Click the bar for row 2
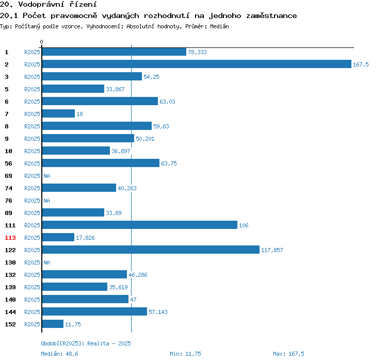tap(197, 64)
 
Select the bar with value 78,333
tap(114, 52)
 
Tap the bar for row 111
tap(140, 225)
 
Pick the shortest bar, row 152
tap(53, 324)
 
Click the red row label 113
tap(10, 238)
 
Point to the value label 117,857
tap(272, 250)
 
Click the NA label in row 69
tap(46, 176)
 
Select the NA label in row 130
tap(46, 262)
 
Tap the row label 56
tap(8, 163)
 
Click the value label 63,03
tap(167, 102)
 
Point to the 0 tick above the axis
tap(41, 42)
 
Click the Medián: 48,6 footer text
tap(59, 354)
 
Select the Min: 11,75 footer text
tap(185, 354)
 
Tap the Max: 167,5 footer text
tap(288, 354)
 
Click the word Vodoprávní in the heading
tap(41, 4)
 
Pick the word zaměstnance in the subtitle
tap(271, 16)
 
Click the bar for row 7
tap(58, 113)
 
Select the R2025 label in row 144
tap(32, 312)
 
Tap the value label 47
tap(133, 300)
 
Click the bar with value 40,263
tap(79, 188)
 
